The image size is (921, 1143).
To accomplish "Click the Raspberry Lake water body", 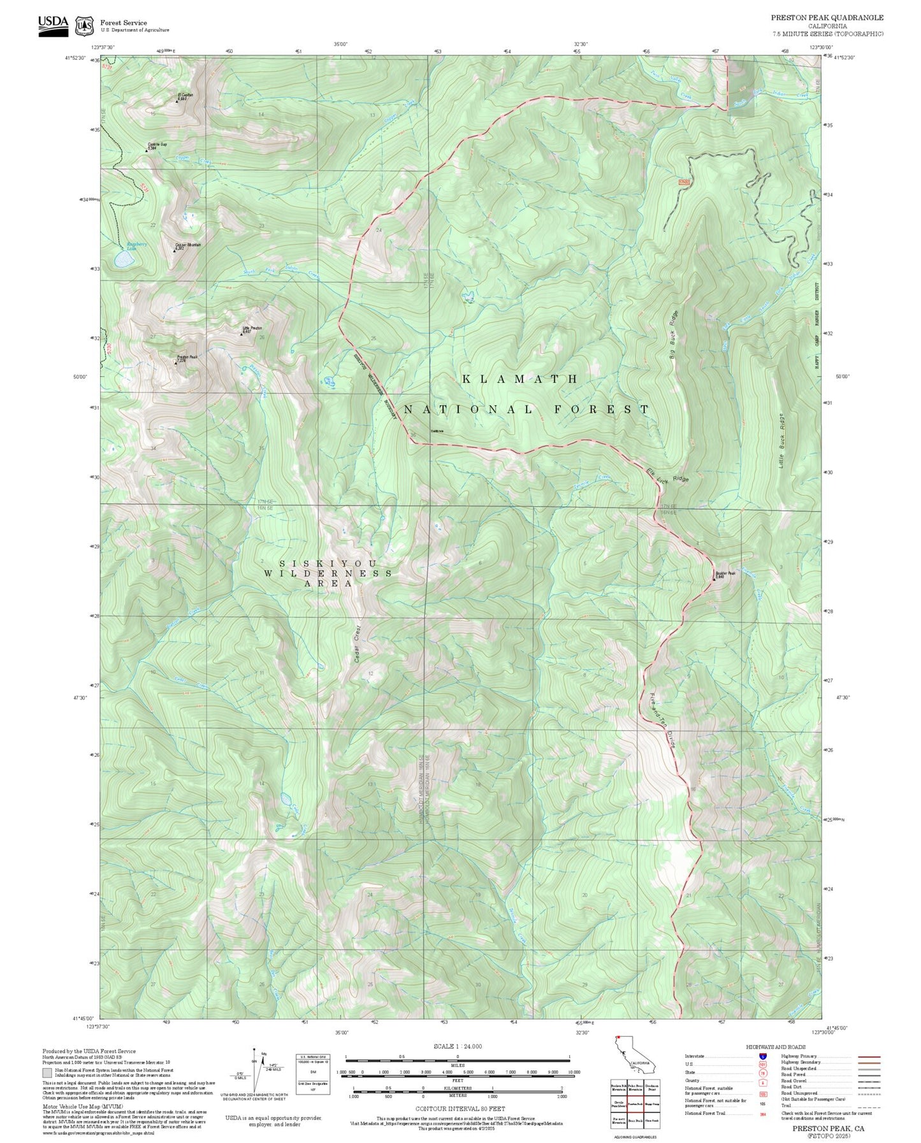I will [x=124, y=259].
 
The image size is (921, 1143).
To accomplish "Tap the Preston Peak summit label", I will [x=187, y=357].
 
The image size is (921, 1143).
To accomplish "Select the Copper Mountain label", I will [x=188, y=245].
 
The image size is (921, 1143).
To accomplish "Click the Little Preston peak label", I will [x=252, y=329].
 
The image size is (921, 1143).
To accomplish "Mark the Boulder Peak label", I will [x=725, y=573].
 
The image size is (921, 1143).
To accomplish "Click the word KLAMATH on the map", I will [x=520, y=379].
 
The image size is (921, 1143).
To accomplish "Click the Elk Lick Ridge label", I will [x=667, y=475].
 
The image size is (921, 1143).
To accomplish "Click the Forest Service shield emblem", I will [x=83, y=26].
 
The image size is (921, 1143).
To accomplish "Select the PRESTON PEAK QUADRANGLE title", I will [x=827, y=18].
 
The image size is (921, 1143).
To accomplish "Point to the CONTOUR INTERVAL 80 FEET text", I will [x=460, y=1109].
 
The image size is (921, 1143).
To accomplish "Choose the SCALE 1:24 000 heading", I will [x=457, y=1046].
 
